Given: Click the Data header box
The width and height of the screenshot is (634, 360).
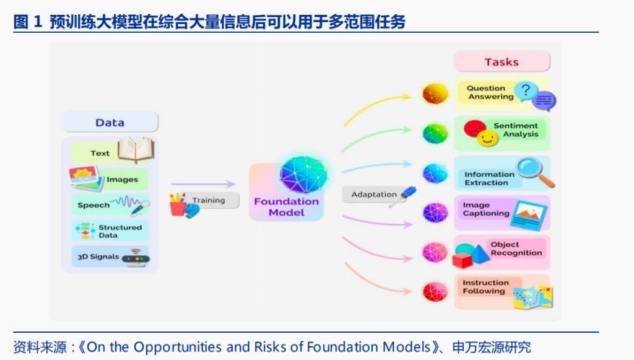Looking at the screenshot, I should tap(110, 122).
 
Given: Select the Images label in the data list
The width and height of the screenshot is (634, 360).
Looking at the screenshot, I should tap(122, 180).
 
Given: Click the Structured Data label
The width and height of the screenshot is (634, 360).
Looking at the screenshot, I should tap(120, 231).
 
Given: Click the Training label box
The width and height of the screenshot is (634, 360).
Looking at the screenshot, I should tap(209, 200).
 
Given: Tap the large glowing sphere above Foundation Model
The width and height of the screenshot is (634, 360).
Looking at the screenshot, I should tap(303, 173).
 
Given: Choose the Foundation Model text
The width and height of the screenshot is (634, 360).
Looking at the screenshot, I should tap(287, 207).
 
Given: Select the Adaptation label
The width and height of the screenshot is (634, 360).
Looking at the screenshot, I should tap(374, 195).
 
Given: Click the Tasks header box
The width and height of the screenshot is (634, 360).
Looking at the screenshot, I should tap(502, 62).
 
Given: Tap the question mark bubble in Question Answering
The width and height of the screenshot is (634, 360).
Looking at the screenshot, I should tap(526, 91).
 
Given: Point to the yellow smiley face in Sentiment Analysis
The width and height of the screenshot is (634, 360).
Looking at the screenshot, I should tap(488, 138).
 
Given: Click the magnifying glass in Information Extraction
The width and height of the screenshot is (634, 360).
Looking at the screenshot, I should tap(534, 170).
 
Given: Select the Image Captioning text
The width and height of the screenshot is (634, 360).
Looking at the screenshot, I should tap(486, 209).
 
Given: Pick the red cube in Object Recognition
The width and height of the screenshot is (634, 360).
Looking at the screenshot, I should tap(462, 260).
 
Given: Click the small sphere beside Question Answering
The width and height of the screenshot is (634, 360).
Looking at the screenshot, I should tap(435, 94).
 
